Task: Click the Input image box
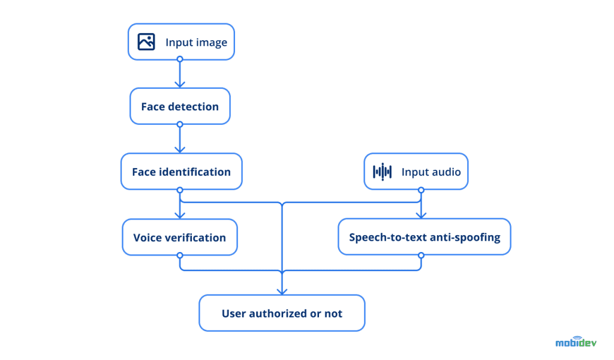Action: point(181,42)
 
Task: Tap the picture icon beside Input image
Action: point(146,42)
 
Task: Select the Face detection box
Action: point(180,107)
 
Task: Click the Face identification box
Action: point(181,172)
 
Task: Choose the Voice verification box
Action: point(180,237)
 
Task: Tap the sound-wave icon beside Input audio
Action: point(382,172)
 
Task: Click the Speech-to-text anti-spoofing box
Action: point(425,237)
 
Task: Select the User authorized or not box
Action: point(282,313)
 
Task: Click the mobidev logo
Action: point(576,342)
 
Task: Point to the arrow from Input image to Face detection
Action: point(179,74)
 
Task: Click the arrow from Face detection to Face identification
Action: point(179,139)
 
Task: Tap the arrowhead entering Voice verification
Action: point(179,215)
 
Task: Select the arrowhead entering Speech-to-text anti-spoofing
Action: point(421,215)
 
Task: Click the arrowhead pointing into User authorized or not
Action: point(281,291)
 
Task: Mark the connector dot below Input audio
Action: point(421,190)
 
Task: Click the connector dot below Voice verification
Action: point(179,255)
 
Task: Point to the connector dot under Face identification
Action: point(179,190)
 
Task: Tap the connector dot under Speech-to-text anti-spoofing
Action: point(421,255)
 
